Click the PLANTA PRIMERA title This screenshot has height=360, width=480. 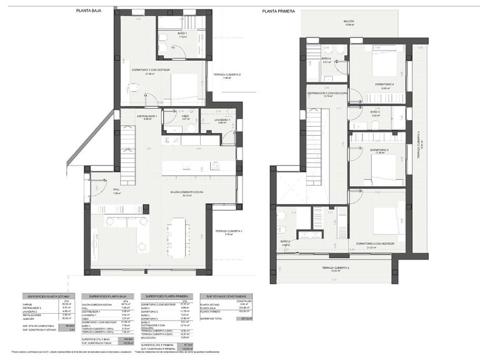coord(279,11)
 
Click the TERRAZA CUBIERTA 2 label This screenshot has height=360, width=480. coord(226,74)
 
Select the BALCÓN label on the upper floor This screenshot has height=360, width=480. coord(349,21)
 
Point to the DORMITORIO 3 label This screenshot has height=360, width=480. coord(379,150)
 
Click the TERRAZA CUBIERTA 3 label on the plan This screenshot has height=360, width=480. coord(335,267)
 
